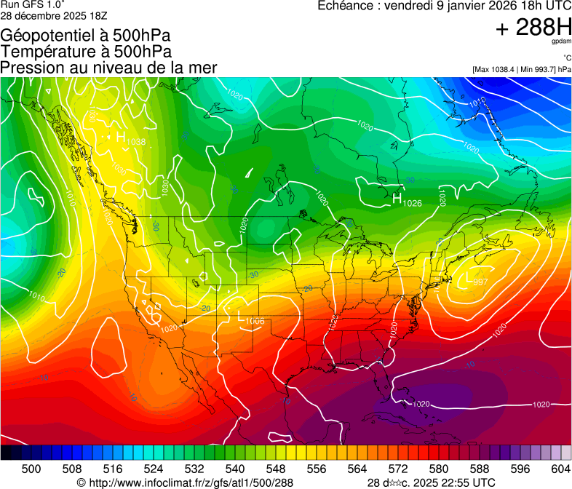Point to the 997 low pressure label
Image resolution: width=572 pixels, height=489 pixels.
(x=480, y=282)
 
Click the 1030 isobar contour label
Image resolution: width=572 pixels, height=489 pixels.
(x=165, y=188)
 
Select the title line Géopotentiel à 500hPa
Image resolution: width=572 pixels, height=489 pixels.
(x=86, y=35)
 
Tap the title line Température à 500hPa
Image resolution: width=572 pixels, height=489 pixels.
(x=86, y=51)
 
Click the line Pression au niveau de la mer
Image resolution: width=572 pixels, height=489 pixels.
(x=108, y=68)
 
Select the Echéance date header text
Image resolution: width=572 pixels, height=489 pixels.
(x=444, y=6)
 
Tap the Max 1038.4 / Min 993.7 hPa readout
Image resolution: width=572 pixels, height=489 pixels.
(x=521, y=69)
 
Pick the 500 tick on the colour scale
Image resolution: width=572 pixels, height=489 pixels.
(x=31, y=469)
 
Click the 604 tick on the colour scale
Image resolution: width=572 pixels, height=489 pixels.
(x=560, y=469)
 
